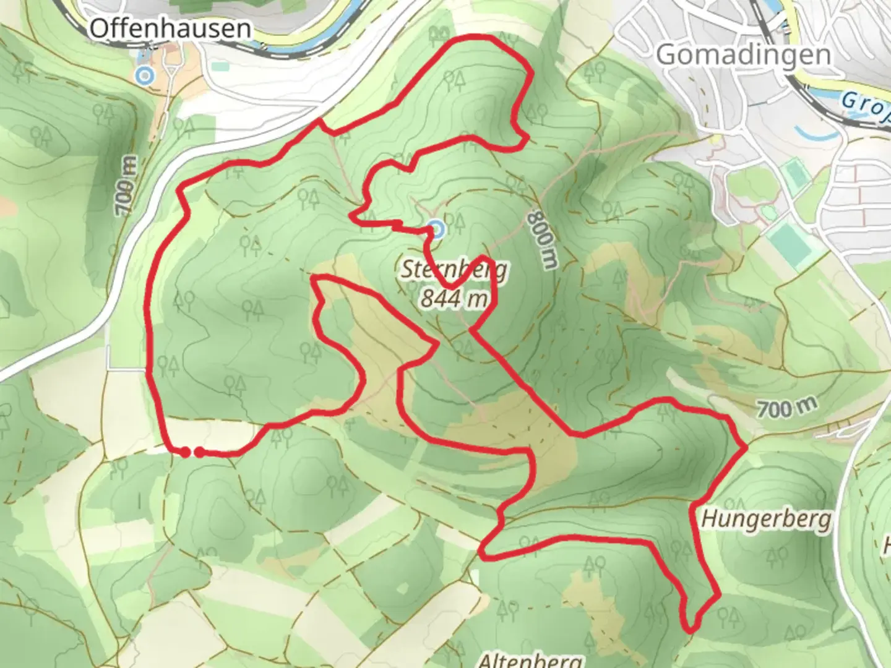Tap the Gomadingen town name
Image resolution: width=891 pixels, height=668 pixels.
tap(742, 55)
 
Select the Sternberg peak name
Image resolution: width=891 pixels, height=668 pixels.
tap(455, 270)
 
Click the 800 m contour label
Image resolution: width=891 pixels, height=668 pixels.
tap(543, 240)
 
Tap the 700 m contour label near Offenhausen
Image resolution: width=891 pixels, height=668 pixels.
tap(126, 186)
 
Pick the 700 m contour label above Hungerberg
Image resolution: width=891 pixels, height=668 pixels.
tap(786, 408)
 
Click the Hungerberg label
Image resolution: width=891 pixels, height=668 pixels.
tap(766, 519)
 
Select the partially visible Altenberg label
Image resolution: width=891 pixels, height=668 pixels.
tap(530, 661)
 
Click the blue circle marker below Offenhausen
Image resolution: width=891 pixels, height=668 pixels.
tap(145, 76)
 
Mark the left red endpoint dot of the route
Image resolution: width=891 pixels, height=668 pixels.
tap(185, 453)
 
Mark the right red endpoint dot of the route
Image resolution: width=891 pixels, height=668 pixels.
tap(199, 453)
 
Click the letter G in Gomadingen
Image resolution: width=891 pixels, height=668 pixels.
tap(667, 55)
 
